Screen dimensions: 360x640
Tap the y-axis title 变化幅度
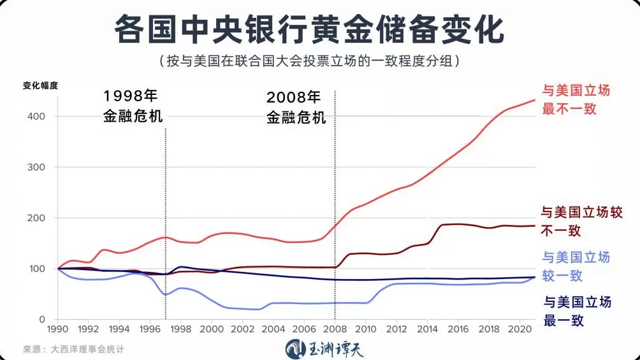(40, 86)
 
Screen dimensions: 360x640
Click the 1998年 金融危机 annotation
(133, 106)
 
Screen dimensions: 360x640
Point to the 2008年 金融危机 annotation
(296, 108)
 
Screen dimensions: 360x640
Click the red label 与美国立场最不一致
(576, 99)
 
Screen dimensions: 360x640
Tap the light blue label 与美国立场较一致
(576, 266)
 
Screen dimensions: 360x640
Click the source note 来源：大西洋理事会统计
(73, 349)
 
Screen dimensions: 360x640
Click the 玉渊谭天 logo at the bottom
(324, 349)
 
